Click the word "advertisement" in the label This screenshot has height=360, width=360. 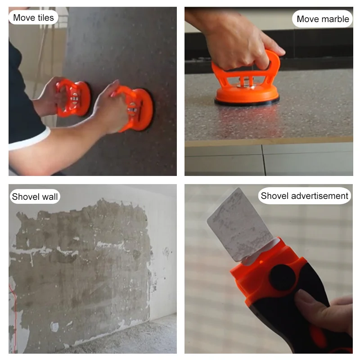coord(320,196)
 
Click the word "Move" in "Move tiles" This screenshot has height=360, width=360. coord(23,18)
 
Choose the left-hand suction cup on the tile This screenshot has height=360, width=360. coord(73,98)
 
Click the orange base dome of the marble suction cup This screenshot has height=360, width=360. coord(247,94)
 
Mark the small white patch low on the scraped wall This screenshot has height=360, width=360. coord(54,327)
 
